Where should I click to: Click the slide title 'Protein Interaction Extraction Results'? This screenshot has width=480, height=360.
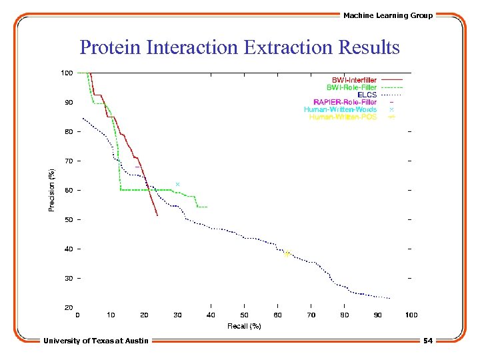point(239,48)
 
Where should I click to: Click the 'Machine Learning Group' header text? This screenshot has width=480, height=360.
point(388,15)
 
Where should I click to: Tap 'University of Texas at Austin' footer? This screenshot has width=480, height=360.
point(96,341)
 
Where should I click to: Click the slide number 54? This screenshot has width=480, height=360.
point(427,341)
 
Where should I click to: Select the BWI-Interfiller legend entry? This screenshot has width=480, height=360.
point(354,80)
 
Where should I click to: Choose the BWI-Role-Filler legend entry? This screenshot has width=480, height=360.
point(351,87)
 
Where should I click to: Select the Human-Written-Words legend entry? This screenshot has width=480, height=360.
point(340,109)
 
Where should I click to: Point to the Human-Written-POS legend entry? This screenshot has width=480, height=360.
point(343,117)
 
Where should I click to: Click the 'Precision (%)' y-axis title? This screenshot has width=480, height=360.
point(52,190)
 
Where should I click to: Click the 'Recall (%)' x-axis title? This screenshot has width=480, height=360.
point(244,325)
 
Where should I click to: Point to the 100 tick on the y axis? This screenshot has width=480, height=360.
point(67,73)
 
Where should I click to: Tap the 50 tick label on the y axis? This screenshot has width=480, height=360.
point(69,219)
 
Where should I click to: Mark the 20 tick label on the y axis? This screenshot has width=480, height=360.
point(69,307)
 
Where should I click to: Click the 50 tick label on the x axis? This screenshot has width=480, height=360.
point(244,315)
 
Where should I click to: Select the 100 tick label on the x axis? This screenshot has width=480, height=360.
point(411,315)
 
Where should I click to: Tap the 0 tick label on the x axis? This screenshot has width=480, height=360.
point(78,315)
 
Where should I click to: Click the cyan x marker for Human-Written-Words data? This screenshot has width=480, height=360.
point(177,184)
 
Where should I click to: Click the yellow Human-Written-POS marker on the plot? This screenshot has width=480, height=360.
point(287,254)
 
